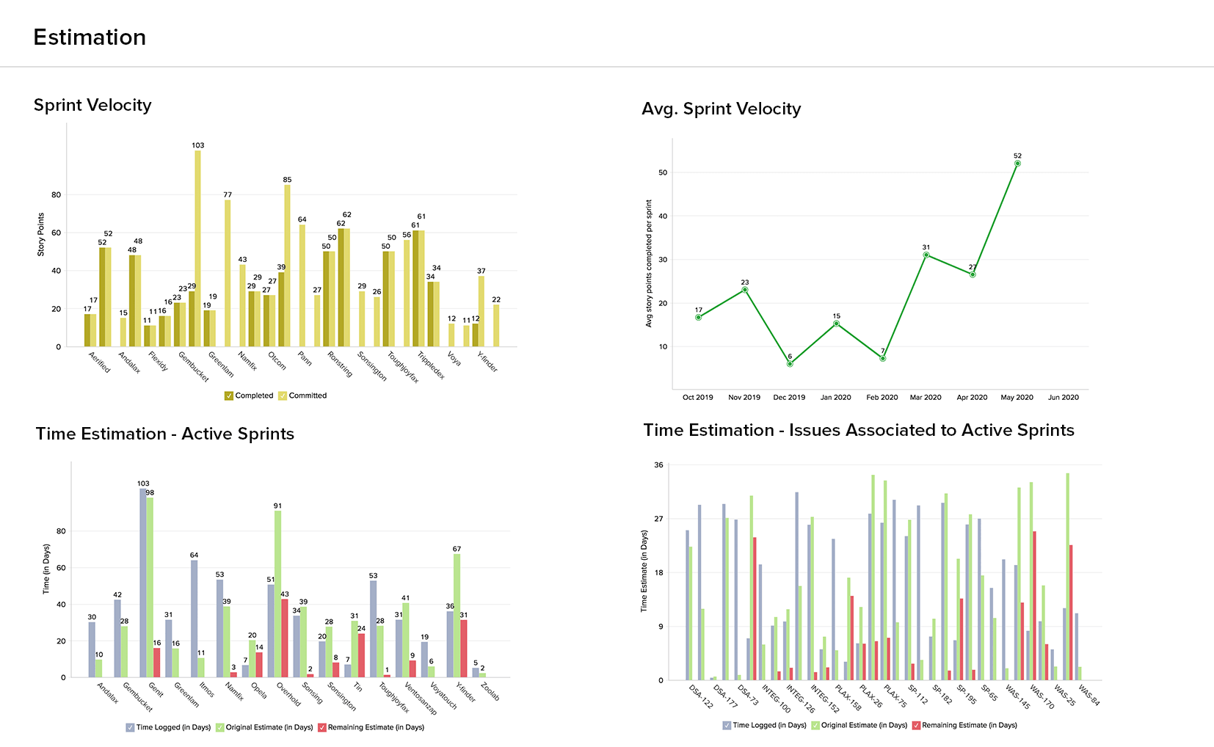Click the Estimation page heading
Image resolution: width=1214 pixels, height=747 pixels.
(90, 37)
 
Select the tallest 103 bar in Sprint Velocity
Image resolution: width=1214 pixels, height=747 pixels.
(198, 248)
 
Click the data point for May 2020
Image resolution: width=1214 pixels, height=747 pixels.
(1017, 164)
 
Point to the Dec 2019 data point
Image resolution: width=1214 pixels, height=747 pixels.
(790, 364)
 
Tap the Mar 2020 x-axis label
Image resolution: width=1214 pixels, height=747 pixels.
(926, 398)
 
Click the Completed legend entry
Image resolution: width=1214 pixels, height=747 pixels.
(249, 396)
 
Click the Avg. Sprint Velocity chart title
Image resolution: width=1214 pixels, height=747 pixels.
(721, 109)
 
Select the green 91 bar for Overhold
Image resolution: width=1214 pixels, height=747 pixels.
(277, 594)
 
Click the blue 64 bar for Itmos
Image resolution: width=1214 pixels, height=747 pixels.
(195, 619)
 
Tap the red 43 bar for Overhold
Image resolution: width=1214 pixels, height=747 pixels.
(285, 638)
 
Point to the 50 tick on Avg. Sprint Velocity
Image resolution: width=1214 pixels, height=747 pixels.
(663, 172)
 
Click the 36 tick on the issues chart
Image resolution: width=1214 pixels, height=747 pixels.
(658, 465)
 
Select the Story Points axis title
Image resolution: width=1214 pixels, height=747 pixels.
(41, 235)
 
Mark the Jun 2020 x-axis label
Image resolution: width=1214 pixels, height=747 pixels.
(1063, 398)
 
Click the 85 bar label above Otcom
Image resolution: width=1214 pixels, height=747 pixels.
(287, 180)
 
